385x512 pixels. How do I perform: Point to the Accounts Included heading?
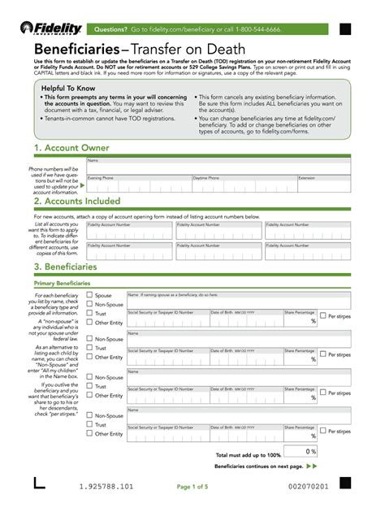(x=77, y=201)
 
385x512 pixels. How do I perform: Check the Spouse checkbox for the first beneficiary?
(x=89, y=295)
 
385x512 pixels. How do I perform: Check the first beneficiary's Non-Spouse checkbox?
(x=89, y=305)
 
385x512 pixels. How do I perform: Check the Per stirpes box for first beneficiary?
(x=322, y=315)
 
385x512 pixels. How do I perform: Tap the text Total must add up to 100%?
(x=248, y=455)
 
